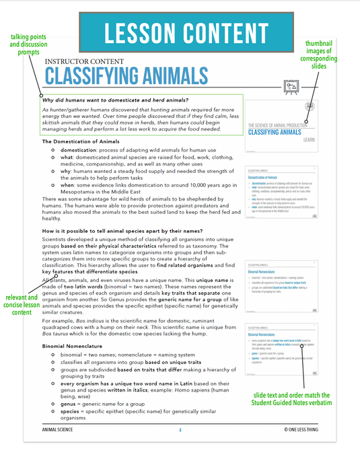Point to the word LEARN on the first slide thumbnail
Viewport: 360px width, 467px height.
tap(310, 139)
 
